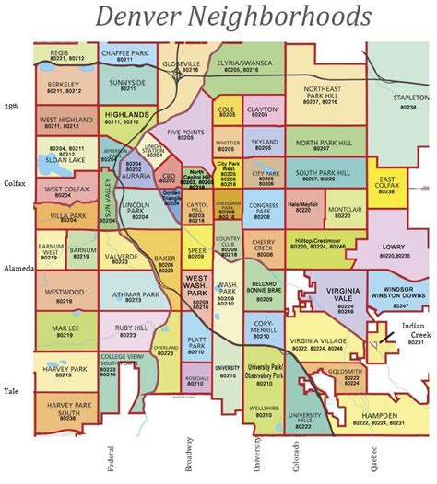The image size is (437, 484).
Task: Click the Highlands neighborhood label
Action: pos(127,115)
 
